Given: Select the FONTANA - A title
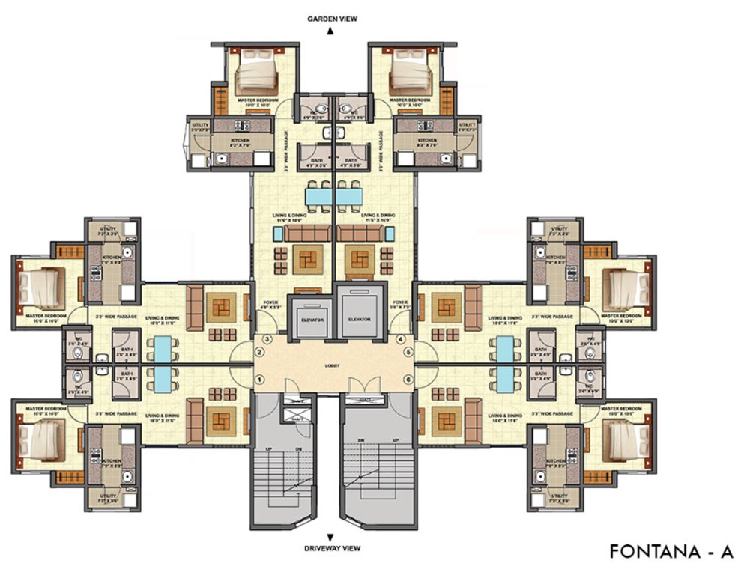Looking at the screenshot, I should [x=670, y=552].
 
